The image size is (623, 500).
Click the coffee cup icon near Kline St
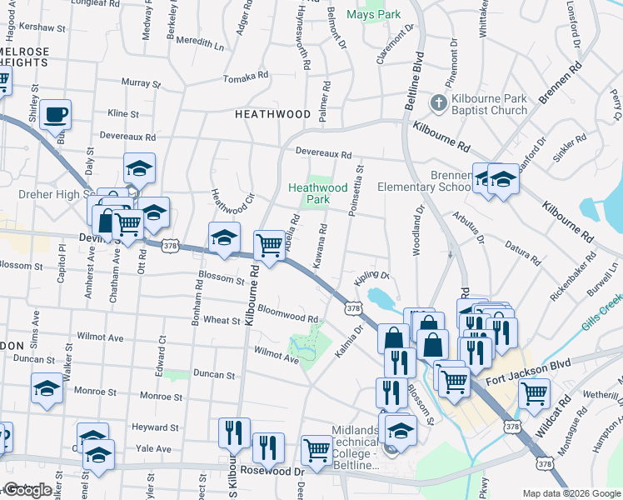tap(55, 115)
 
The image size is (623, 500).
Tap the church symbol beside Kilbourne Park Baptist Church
tap(439, 103)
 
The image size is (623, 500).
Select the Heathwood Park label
tap(317, 193)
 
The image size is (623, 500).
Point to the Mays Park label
tap(373, 15)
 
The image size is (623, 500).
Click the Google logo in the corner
tap(27, 490)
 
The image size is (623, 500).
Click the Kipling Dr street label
tap(372, 275)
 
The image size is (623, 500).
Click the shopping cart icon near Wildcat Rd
tap(534, 392)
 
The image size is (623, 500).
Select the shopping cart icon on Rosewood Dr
tap(316, 450)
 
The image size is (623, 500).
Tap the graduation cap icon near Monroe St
tap(47, 388)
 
